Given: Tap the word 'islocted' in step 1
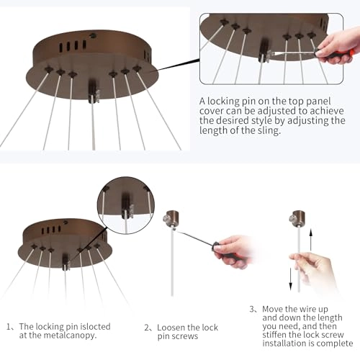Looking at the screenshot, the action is click(x=95, y=327).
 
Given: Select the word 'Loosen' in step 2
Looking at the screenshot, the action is click(x=171, y=328).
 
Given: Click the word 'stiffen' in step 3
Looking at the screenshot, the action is click(x=274, y=335).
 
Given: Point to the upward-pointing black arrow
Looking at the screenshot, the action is click(x=311, y=240).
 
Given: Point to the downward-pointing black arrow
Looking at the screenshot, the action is click(x=291, y=279).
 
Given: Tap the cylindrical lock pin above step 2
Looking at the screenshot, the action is click(x=171, y=218).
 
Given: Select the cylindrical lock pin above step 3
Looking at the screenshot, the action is click(x=297, y=218).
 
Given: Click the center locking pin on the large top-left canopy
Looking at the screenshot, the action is click(x=94, y=92).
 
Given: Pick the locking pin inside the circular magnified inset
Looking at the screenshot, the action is click(x=127, y=207).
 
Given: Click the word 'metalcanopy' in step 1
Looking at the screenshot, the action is click(x=69, y=336).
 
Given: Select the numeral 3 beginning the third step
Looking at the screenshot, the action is click(x=252, y=309).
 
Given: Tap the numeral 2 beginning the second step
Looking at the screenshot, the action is click(x=147, y=328).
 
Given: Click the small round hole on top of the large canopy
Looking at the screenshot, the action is click(x=92, y=36).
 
